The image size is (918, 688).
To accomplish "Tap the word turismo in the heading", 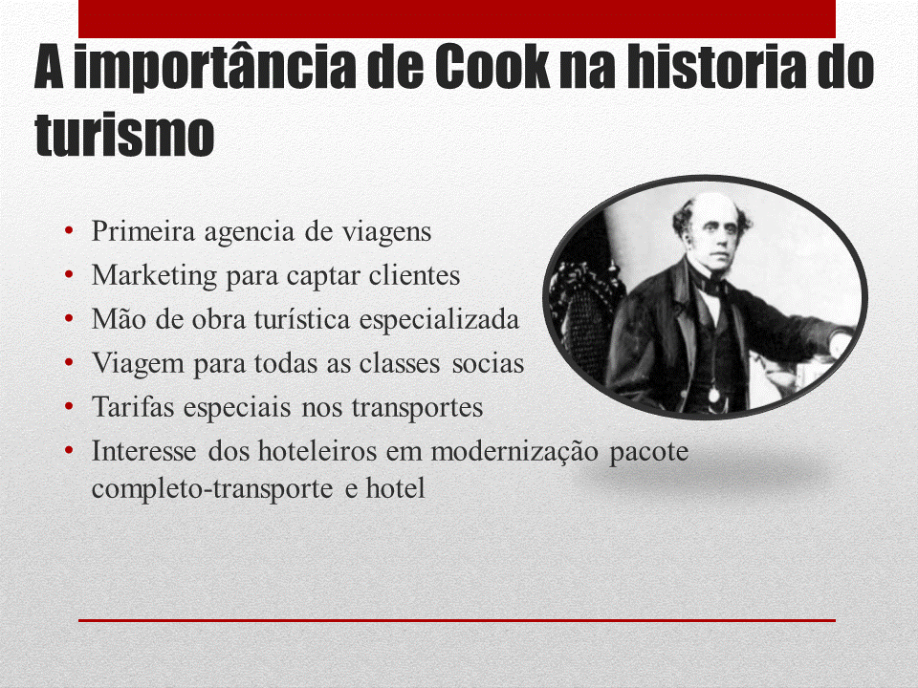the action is (x=124, y=135).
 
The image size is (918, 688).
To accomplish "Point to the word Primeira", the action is (x=143, y=231).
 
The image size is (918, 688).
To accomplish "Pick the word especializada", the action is (x=439, y=320).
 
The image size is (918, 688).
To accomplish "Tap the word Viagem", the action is (x=138, y=364).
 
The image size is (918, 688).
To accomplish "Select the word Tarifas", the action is (x=133, y=407).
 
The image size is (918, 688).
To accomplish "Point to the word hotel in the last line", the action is (x=395, y=488).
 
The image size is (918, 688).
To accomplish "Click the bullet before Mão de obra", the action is (x=69, y=318).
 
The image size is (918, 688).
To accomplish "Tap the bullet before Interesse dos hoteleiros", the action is (x=69, y=450).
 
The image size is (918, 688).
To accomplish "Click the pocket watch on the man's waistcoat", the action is (x=713, y=395).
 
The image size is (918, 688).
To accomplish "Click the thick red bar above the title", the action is (x=457, y=19).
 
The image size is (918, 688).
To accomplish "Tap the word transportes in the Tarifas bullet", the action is (x=417, y=408).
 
